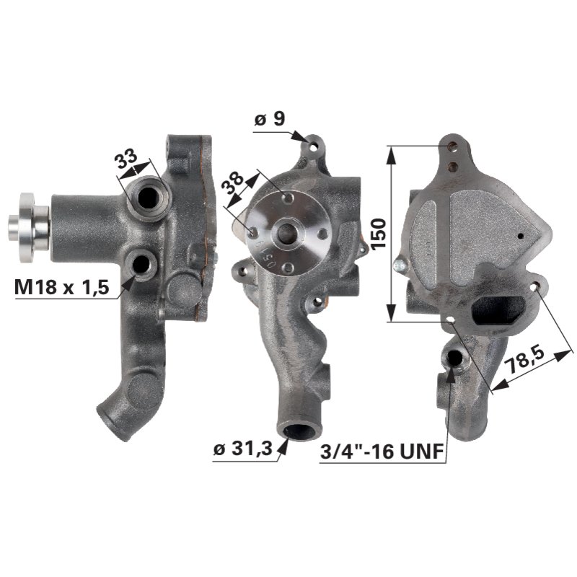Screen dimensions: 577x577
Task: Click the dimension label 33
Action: click(126, 158)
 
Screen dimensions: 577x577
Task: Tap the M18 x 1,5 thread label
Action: click(61, 287)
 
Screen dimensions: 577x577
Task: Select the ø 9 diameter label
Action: click(270, 118)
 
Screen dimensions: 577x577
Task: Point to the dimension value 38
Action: click(233, 182)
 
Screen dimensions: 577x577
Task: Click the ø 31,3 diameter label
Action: click(243, 449)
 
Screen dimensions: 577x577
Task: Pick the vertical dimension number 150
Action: click(379, 234)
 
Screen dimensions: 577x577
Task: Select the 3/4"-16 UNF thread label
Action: click(382, 452)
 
